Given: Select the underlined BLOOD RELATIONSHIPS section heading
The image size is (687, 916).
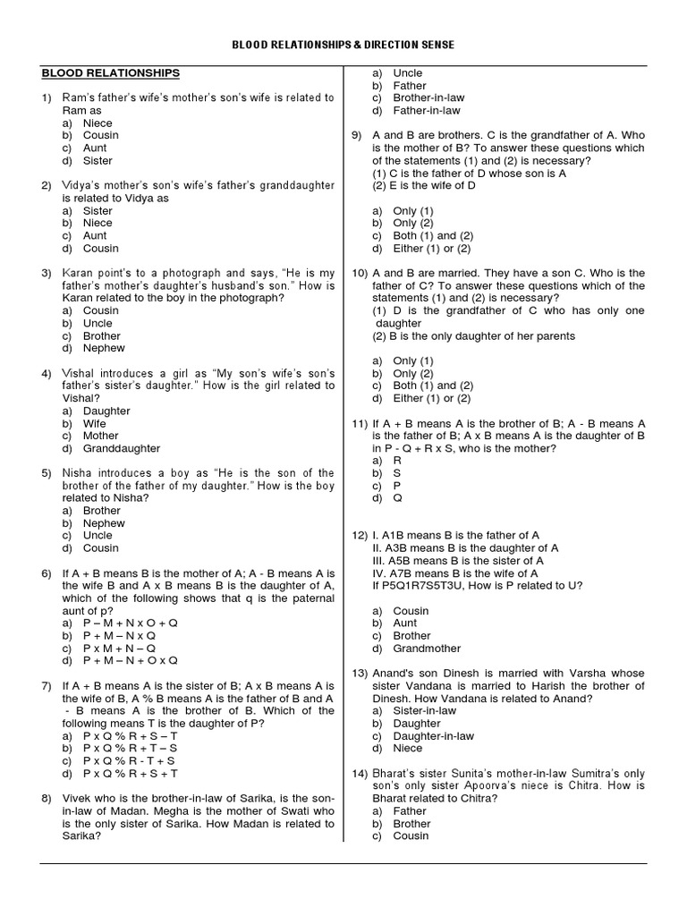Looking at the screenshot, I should click(x=110, y=73).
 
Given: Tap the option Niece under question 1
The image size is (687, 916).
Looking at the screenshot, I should click(x=98, y=123).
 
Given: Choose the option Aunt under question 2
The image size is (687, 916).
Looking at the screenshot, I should click(x=95, y=236).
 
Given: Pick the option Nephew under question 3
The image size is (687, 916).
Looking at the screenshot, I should click(x=104, y=348).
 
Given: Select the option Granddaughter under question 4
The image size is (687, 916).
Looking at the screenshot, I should click(x=122, y=448).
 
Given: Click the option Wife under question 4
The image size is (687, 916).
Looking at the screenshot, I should click(x=95, y=423).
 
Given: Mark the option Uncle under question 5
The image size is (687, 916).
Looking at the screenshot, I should click(x=98, y=535).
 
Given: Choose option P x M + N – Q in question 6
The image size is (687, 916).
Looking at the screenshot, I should click(x=120, y=647).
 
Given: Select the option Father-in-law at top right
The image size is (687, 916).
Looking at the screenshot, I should click(x=427, y=110).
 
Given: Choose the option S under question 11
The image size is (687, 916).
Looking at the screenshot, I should click(x=397, y=472).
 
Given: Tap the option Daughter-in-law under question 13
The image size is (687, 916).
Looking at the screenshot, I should click(x=434, y=735).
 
